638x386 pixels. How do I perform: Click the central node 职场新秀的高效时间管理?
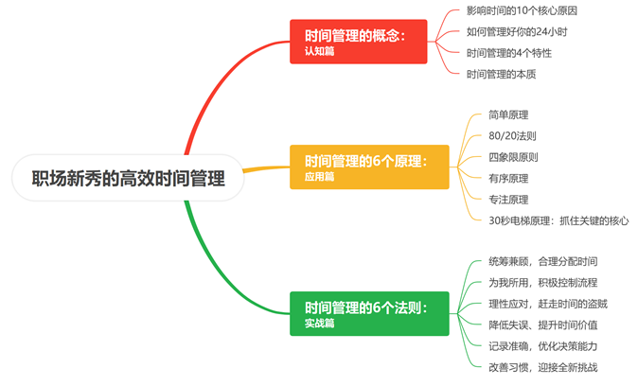coord(129,177)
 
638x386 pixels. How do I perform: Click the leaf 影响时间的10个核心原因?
coord(522,10)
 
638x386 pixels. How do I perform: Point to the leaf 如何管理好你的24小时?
coord(516,31)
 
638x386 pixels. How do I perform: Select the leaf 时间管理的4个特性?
coord(509,52)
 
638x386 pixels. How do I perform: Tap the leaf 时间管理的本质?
coord(504,73)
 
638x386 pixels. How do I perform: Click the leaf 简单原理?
coord(508,115)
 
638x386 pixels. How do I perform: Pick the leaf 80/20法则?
coord(512,136)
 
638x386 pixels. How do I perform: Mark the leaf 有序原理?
coord(508,178)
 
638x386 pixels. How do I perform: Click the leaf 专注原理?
coord(508,199)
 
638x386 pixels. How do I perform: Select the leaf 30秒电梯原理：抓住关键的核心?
coord(558,219)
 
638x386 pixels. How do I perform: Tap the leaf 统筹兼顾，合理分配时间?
coord(542,261)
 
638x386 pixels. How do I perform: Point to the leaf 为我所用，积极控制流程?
coord(542,282)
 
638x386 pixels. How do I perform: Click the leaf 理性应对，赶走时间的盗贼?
coord(548,303)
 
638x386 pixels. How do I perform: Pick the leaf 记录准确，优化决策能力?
coord(542,345)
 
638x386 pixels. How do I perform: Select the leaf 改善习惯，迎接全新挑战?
coord(542,366)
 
